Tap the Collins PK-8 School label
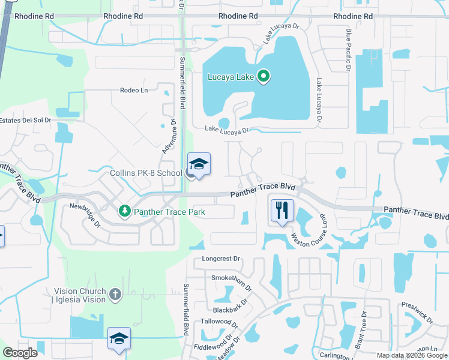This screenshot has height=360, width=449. [x=146, y=173]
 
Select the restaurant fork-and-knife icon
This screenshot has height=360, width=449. [x=282, y=210]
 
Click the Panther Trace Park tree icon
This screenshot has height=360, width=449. [x=125, y=211]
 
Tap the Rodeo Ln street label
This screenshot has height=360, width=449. [x=133, y=91]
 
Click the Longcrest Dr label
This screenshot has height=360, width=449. [x=221, y=259]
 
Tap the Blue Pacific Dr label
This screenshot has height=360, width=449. [x=348, y=50]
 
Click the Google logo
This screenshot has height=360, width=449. [x=20, y=353]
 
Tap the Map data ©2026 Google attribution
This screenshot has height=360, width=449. [x=412, y=355]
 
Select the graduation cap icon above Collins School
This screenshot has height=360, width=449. [x=199, y=163]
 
